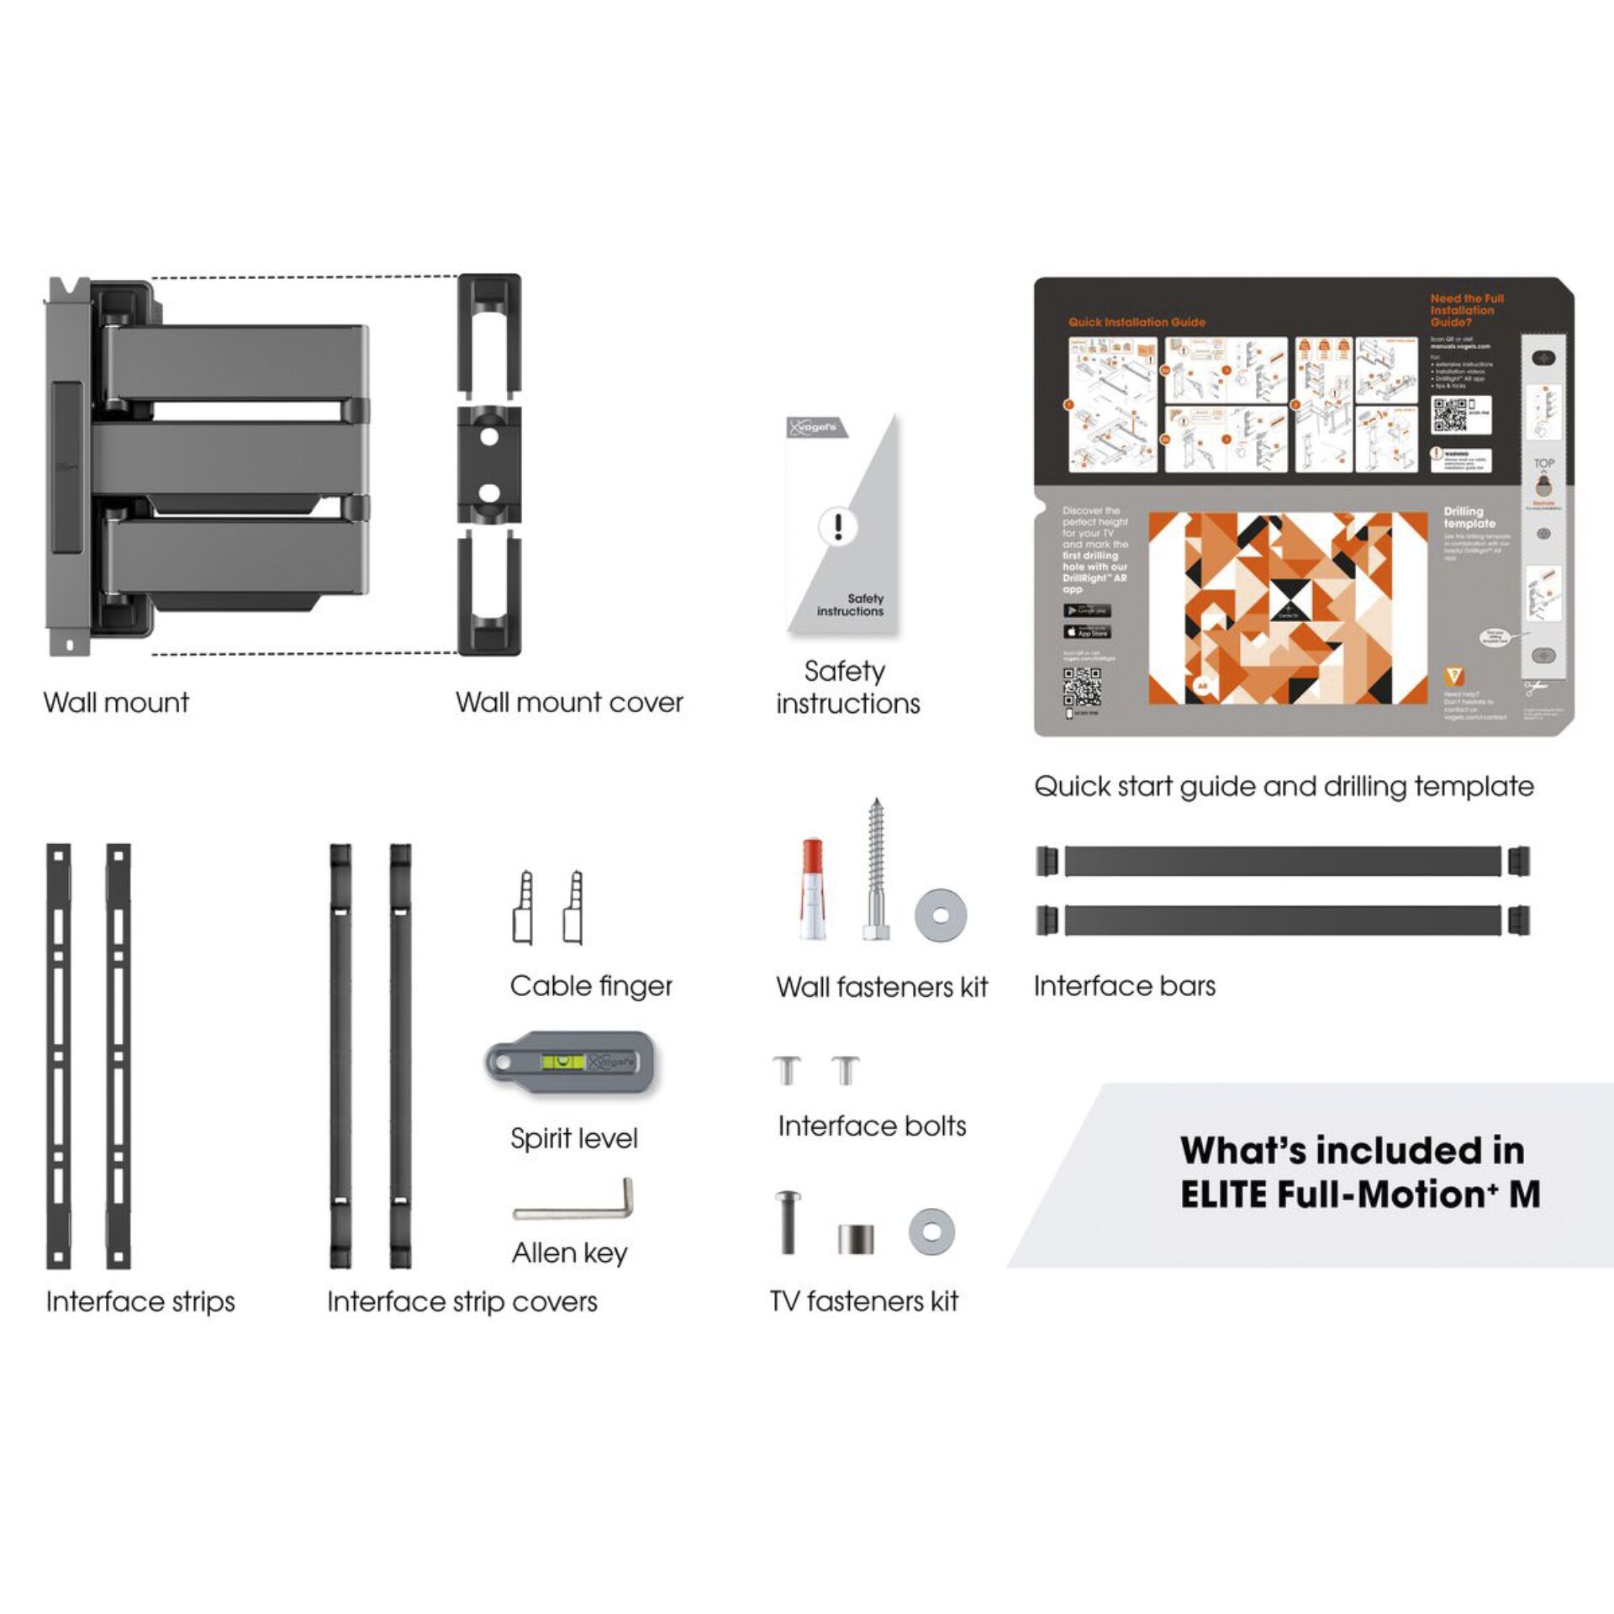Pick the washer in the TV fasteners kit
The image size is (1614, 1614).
[x=931, y=1232]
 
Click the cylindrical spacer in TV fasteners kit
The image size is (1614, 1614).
[x=856, y=1238]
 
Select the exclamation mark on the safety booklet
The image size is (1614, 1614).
[x=838, y=527]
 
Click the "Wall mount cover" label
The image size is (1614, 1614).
[x=569, y=703]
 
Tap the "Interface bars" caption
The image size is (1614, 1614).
[x=1124, y=986]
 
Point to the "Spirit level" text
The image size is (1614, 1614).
[x=574, y=1138]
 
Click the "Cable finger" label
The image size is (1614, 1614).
[x=591, y=986]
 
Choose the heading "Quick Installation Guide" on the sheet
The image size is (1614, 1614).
[x=1137, y=322]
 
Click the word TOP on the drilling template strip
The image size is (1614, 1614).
[x=1543, y=463]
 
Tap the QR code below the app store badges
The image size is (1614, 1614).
[x=1081, y=687]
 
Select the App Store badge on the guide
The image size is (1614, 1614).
[x=1087, y=631]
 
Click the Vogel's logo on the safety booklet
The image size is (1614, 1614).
[x=813, y=427]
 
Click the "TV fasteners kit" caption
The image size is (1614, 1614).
[x=864, y=1301]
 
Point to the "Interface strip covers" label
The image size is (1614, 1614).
[x=462, y=1302]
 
